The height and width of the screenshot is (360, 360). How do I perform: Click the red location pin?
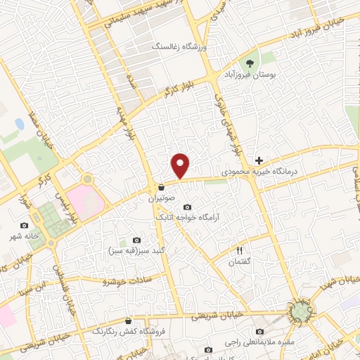181,165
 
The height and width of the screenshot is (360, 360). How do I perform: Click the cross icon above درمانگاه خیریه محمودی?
259,161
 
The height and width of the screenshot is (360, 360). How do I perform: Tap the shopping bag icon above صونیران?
162,188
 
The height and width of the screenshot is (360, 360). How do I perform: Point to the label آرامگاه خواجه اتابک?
187,217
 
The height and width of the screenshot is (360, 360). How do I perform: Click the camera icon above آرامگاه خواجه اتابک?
187,207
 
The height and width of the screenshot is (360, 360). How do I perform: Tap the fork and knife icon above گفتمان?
239,250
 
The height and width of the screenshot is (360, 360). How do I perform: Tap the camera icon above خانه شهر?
25,225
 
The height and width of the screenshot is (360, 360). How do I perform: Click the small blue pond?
18,124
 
